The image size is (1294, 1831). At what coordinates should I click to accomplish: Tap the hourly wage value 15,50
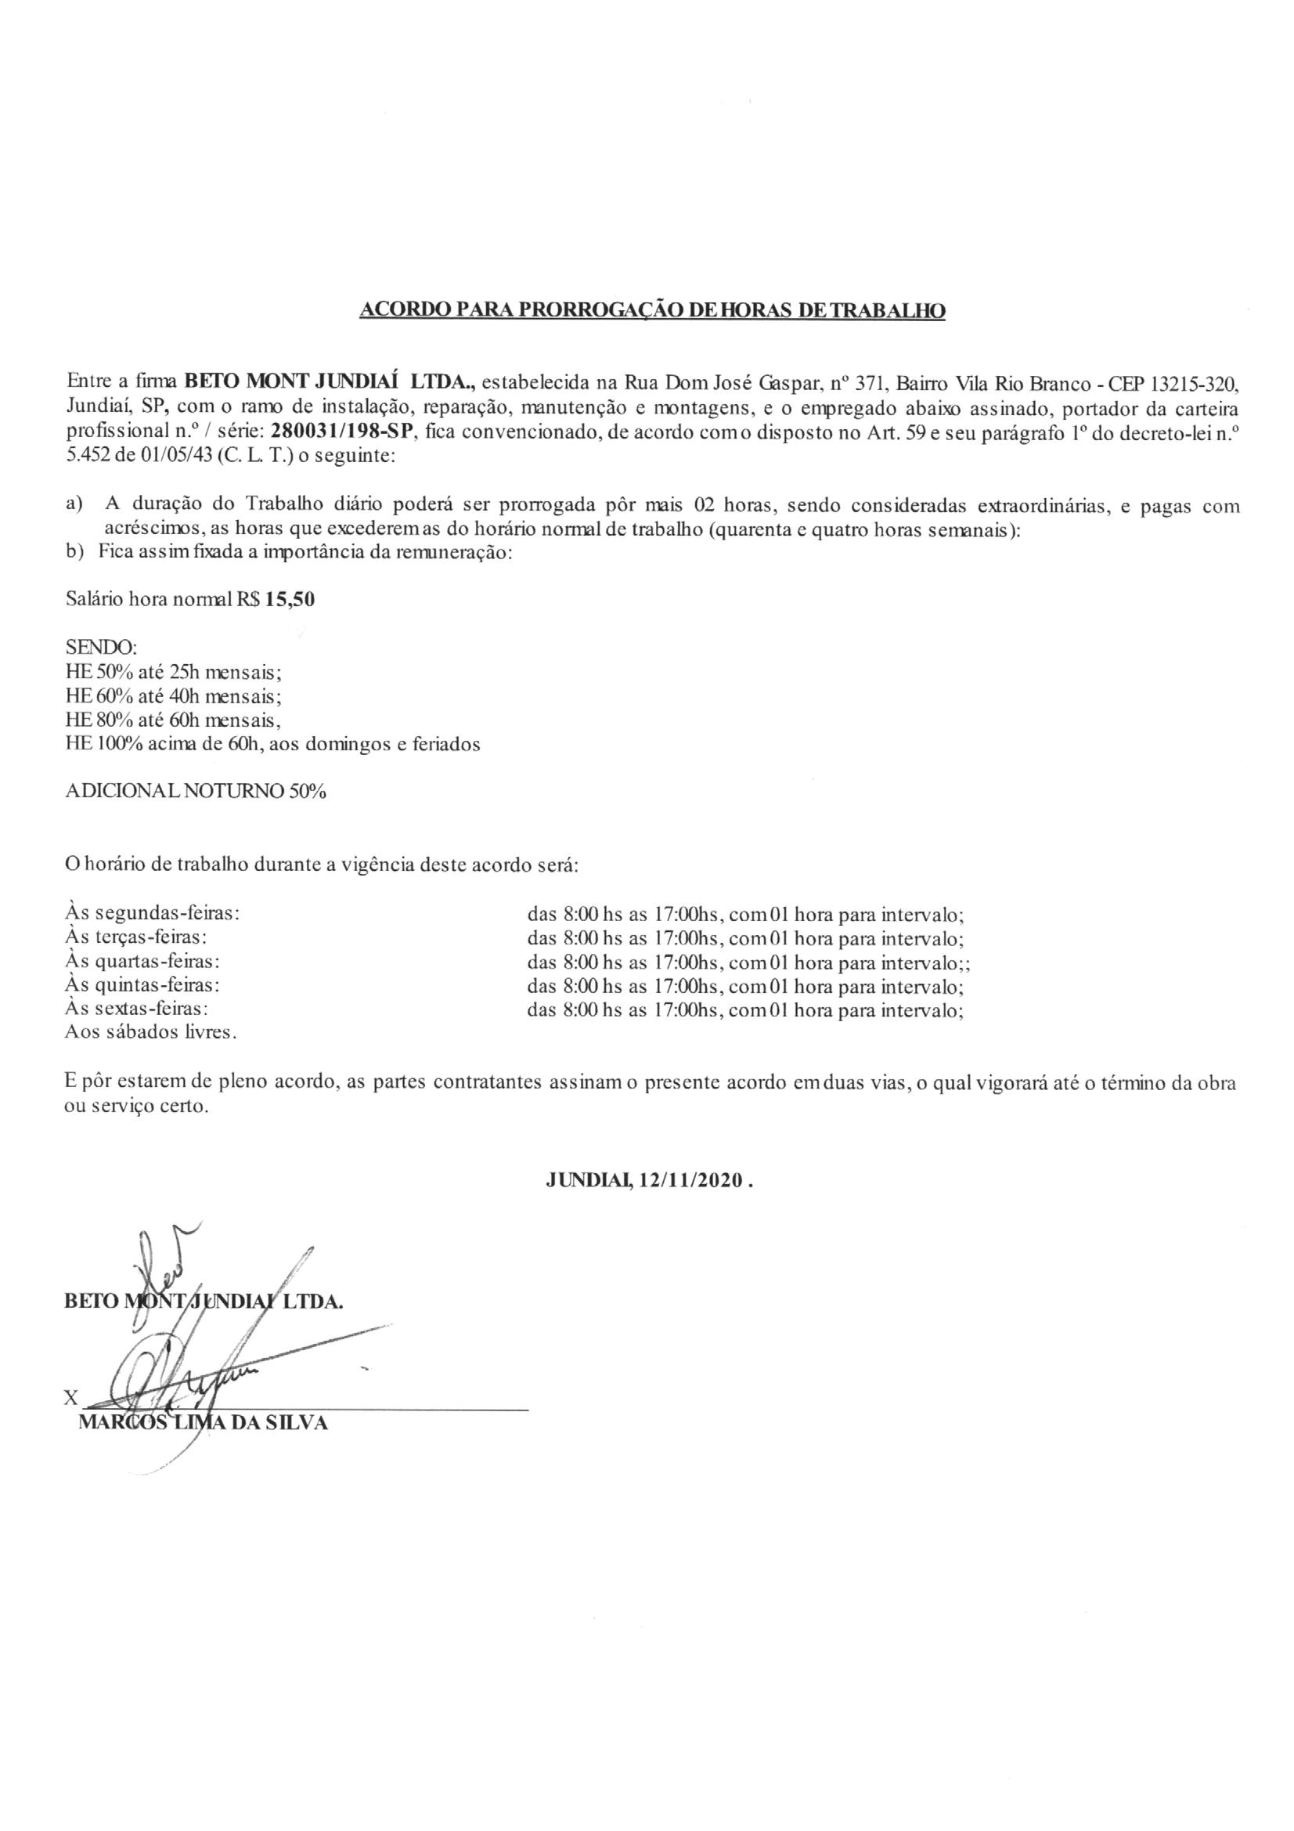(290, 601)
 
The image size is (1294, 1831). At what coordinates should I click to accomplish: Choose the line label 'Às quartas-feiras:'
(142, 962)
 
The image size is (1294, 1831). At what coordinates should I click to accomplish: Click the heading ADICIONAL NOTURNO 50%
(196, 792)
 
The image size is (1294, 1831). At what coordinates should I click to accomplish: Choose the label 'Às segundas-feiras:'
(153, 914)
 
